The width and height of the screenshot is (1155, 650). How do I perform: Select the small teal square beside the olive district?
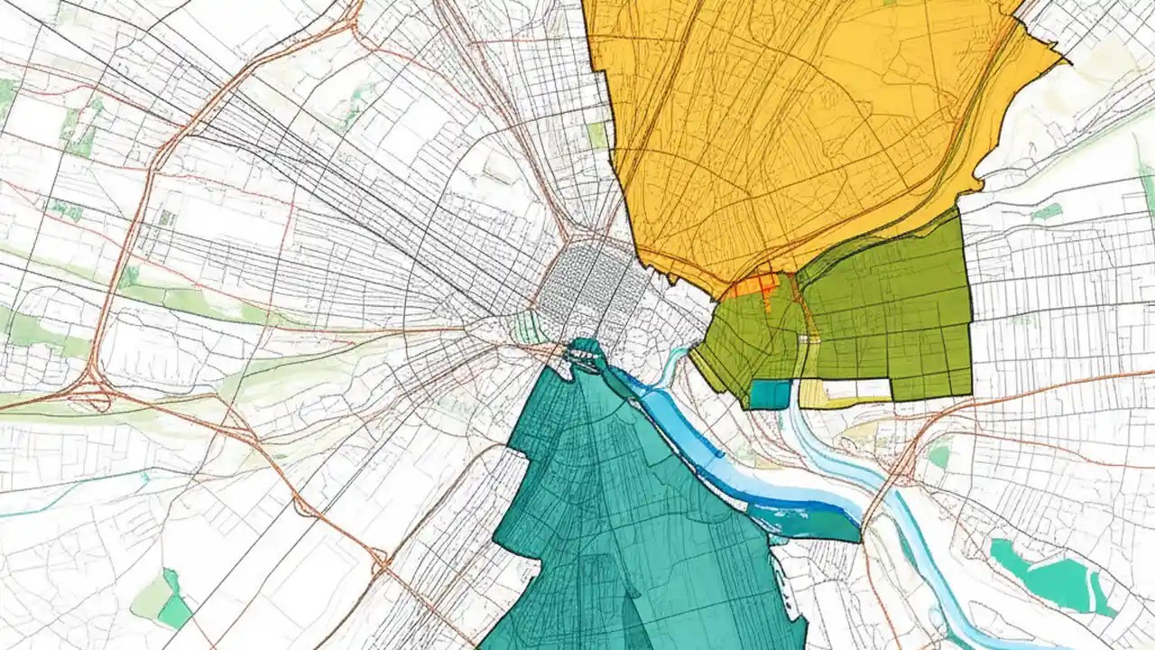[x=769, y=394]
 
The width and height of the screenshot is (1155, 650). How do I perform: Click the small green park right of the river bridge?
[x=939, y=456]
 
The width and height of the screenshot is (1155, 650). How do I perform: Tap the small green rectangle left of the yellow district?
[x=596, y=135]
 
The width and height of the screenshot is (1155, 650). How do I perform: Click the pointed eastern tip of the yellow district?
[x=1065, y=61]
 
